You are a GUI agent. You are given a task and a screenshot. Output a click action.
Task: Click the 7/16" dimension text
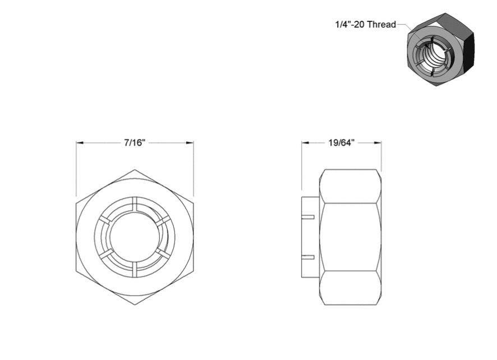(x=135, y=143)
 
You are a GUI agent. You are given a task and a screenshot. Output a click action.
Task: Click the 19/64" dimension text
(x=341, y=143)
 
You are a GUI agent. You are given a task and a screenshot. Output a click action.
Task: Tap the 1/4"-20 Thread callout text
(x=366, y=25)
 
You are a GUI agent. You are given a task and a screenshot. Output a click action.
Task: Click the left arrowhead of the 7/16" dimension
(x=80, y=143)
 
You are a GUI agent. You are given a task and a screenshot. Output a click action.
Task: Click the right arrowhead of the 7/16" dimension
(x=190, y=143)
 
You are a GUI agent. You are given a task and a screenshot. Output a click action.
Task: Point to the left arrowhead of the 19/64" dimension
(x=305, y=143)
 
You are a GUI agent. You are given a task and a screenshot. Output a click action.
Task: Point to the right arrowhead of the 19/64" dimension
(x=378, y=143)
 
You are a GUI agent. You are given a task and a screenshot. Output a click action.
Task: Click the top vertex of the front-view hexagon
(x=135, y=169)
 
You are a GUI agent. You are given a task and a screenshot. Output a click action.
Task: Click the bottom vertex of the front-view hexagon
(x=135, y=305)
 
